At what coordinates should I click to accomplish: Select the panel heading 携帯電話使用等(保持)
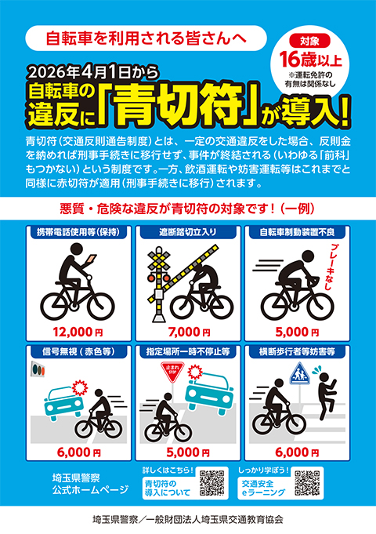pyautogui.click(x=74, y=233)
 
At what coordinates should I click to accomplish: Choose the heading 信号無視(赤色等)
pyautogui.click(x=74, y=353)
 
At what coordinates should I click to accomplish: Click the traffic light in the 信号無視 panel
pyautogui.click(x=40, y=370)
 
